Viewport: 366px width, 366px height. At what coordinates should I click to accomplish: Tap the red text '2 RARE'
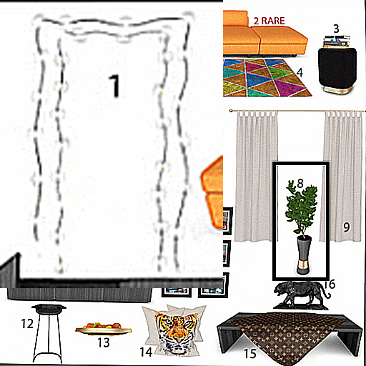pyautogui.click(x=269, y=21)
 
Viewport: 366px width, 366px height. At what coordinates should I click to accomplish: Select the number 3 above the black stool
pyautogui.click(x=336, y=29)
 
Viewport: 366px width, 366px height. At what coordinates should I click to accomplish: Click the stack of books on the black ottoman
pyautogui.click(x=337, y=41)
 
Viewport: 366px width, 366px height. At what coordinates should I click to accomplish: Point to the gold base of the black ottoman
pyautogui.click(x=338, y=90)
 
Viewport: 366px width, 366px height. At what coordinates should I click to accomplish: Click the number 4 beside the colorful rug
pyautogui.click(x=300, y=72)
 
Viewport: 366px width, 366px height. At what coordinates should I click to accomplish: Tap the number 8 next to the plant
pyautogui.click(x=300, y=183)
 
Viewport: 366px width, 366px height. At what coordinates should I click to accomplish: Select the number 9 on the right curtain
pyautogui.click(x=347, y=227)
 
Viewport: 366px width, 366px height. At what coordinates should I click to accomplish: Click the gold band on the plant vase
pyautogui.click(x=304, y=264)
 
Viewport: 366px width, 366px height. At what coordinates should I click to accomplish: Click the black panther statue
pyautogui.click(x=301, y=295)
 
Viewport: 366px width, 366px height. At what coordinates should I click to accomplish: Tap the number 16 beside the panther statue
pyautogui.click(x=330, y=285)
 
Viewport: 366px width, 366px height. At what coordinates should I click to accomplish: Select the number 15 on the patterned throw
pyautogui.click(x=250, y=353)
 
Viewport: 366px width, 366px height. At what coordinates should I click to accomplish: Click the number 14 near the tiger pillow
pyautogui.click(x=146, y=352)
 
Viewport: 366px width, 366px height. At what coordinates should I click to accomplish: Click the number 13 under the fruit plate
pyautogui.click(x=104, y=342)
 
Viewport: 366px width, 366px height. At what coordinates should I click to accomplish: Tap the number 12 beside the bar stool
pyautogui.click(x=27, y=324)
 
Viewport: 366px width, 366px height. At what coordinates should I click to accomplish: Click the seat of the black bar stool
pyautogui.click(x=49, y=308)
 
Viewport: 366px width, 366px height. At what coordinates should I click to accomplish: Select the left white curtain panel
pyautogui.click(x=256, y=176)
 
